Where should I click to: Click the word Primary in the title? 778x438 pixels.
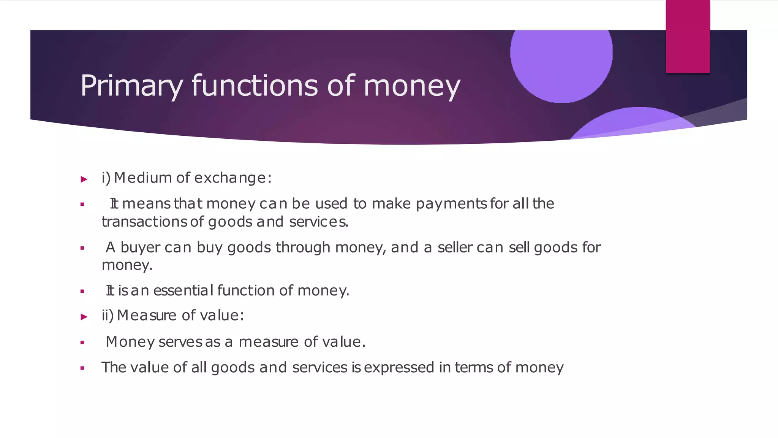point(131,86)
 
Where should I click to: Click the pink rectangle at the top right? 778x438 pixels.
point(688,36)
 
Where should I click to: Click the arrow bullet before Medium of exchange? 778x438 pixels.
point(84,179)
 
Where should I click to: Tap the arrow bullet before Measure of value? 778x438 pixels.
point(84,317)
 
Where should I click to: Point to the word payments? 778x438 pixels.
point(451,204)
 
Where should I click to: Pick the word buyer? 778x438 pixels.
point(140,248)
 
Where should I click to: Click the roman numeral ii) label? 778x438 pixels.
point(108,316)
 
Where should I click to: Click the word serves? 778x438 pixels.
point(180,342)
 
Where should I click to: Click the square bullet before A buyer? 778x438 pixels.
point(82,248)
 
